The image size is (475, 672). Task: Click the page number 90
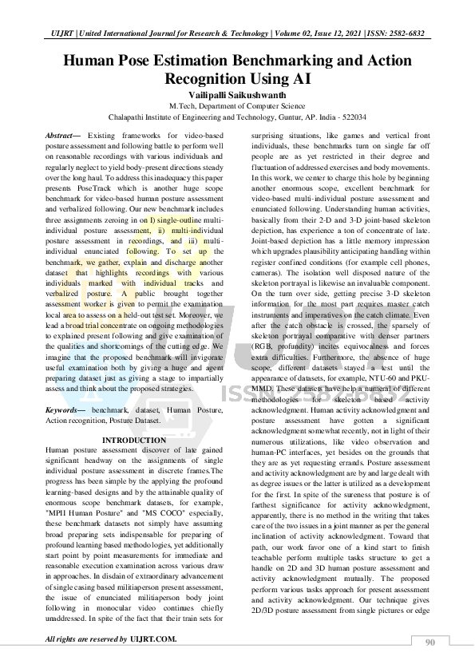pyautogui.click(x=430, y=642)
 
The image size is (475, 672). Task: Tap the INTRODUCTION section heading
pyautogui.click(x=134, y=440)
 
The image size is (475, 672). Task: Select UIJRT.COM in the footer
pyautogui.click(x=153, y=639)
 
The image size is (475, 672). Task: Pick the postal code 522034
pyautogui.click(x=351, y=116)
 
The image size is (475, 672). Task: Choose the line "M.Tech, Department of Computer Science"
pyautogui.click(x=237, y=105)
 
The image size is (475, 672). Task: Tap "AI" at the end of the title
pyautogui.click(x=300, y=78)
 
